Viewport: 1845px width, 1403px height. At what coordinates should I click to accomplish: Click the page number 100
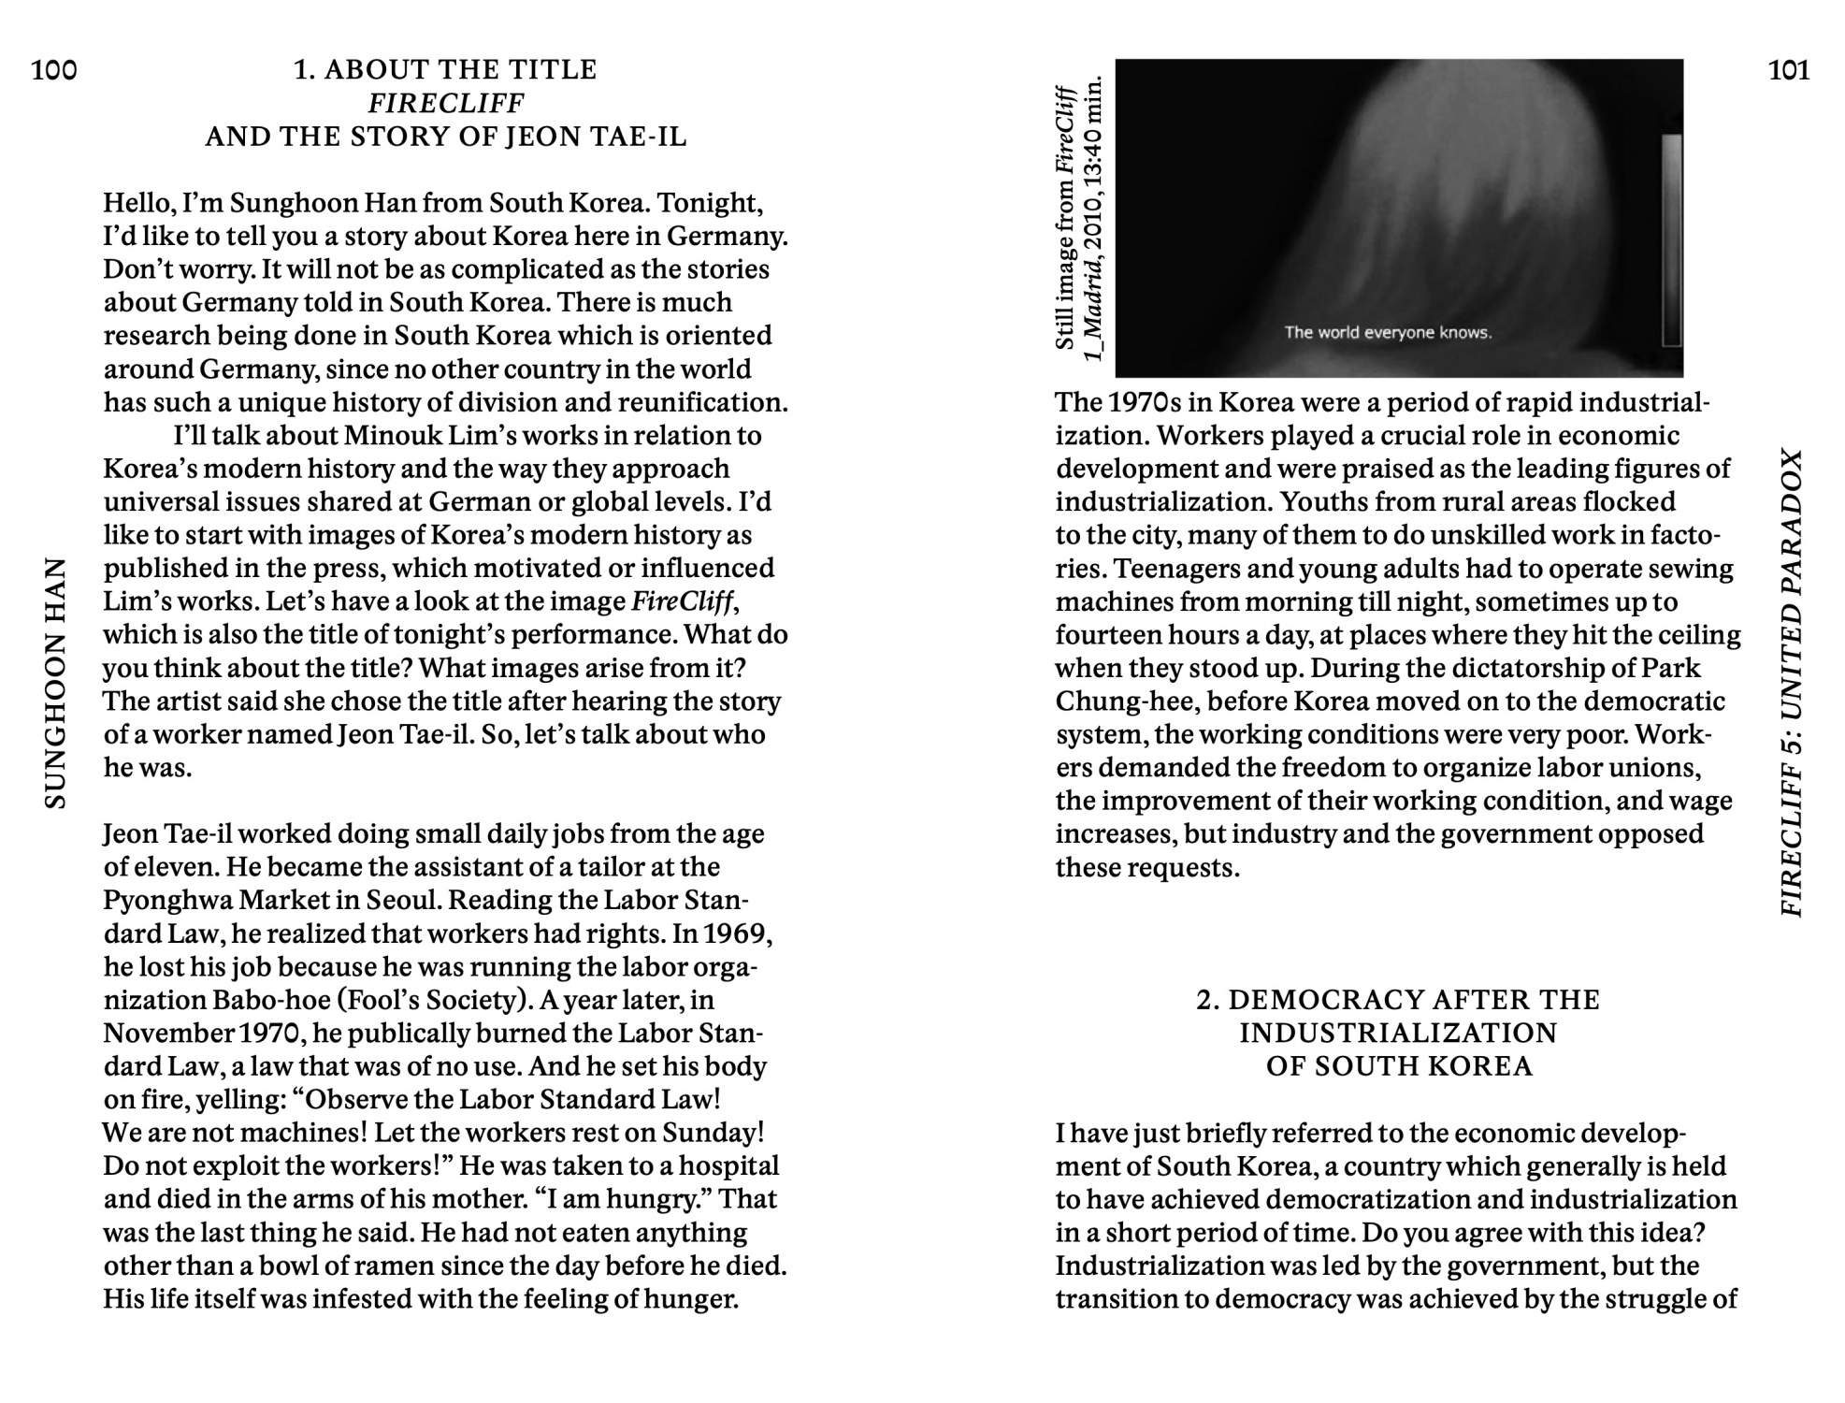[x=54, y=70]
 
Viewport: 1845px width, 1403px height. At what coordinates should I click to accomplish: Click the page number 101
[x=1788, y=70]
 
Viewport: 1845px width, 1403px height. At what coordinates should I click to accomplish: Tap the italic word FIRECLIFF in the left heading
[x=446, y=103]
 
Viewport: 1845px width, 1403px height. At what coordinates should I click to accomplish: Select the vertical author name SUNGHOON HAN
[x=56, y=683]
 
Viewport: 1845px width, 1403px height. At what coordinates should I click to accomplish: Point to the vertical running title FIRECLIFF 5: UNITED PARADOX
[x=1790, y=683]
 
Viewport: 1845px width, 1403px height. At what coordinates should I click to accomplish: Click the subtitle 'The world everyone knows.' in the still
[x=1388, y=332]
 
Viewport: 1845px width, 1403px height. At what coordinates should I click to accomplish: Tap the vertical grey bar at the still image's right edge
[x=1671, y=240]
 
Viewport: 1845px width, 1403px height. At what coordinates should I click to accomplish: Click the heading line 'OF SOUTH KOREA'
[x=1399, y=1066]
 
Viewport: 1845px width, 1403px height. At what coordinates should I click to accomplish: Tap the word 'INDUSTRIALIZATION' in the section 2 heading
[x=1399, y=1033]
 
